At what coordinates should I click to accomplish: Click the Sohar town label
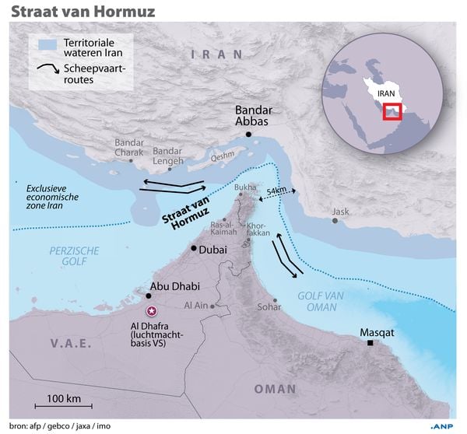point(269,307)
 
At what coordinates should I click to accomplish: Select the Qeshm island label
point(222,154)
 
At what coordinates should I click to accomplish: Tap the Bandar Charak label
point(130,147)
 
